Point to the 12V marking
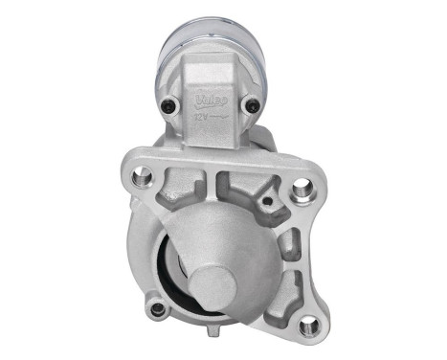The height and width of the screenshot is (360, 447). pyautogui.click(x=202, y=119)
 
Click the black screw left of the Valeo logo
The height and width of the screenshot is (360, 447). pyautogui.click(x=171, y=105)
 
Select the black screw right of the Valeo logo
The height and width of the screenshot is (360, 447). pyautogui.click(x=252, y=105)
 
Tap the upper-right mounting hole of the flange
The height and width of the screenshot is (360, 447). pyautogui.click(x=303, y=188)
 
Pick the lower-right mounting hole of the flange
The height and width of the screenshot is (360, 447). pyautogui.click(x=308, y=326)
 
